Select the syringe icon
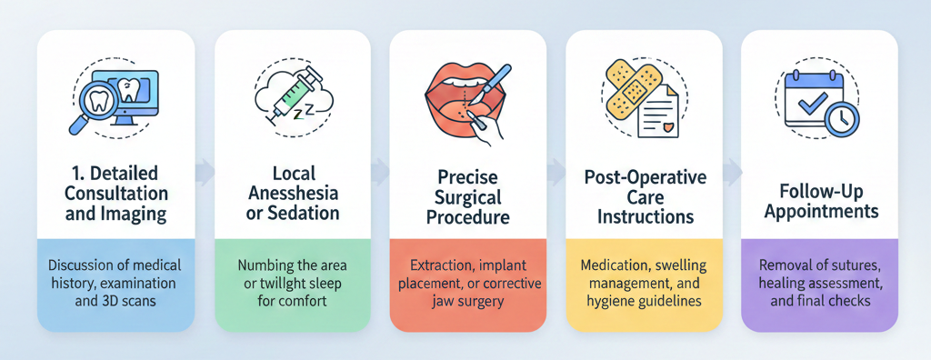[x=290, y=95]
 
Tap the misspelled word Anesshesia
[x=293, y=193]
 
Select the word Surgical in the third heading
[x=468, y=198]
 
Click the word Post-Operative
[x=645, y=177]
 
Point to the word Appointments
[x=820, y=212]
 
